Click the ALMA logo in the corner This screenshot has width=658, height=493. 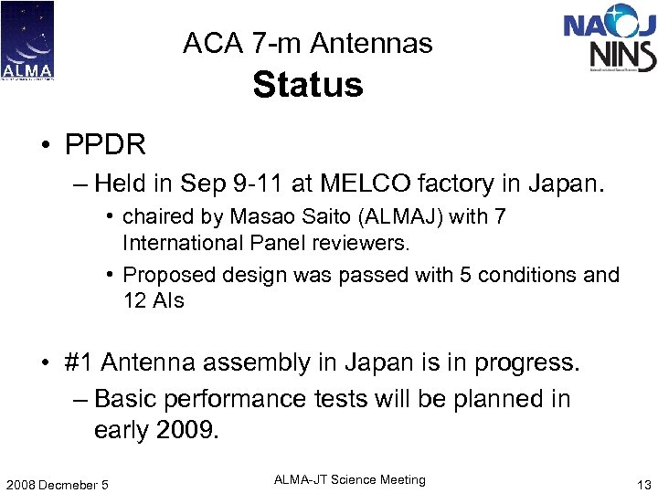click(x=27, y=41)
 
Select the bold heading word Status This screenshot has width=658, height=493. click(x=308, y=85)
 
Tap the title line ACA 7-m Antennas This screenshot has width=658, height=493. click(x=308, y=43)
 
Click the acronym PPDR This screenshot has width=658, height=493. click(x=105, y=144)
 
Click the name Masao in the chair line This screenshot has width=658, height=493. click(x=264, y=217)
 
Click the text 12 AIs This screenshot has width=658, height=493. click(x=154, y=300)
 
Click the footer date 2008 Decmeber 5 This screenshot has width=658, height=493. click(x=57, y=484)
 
